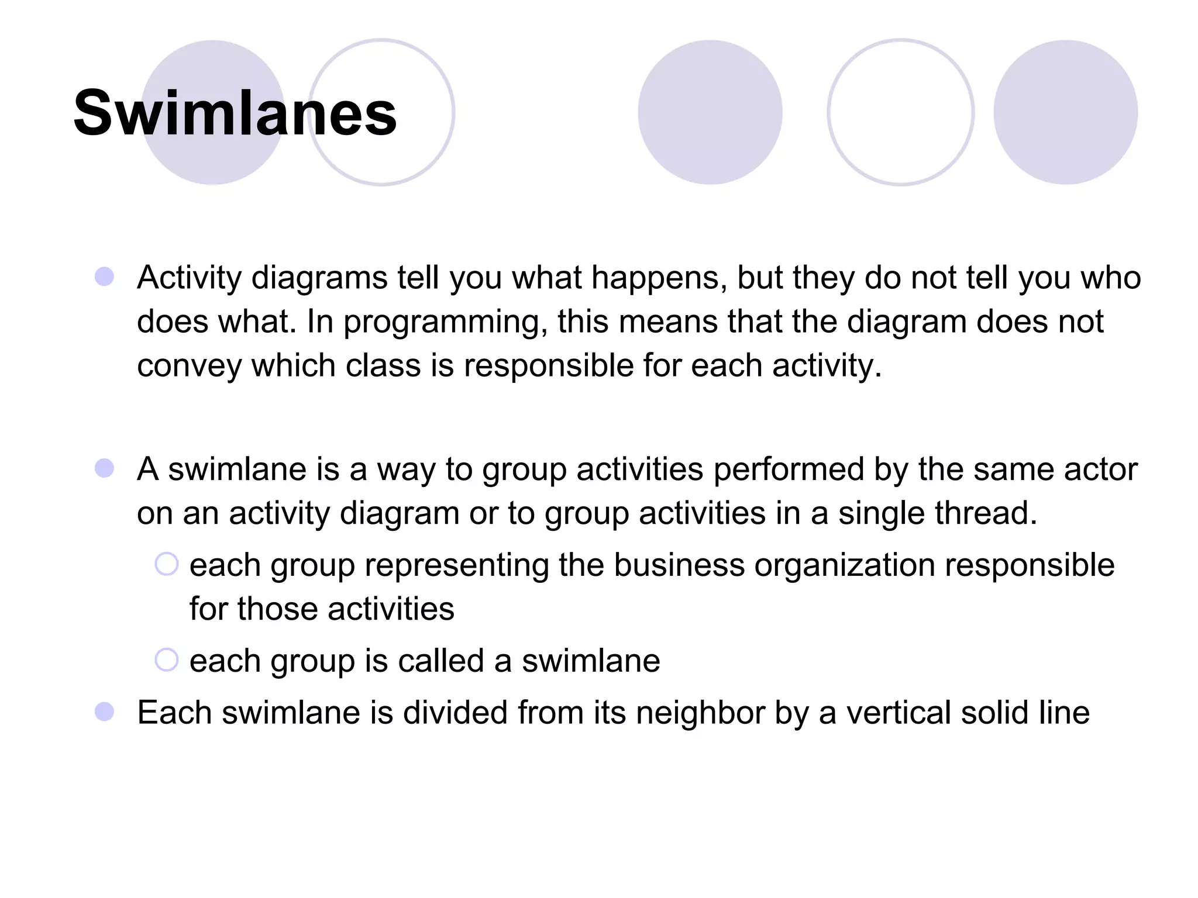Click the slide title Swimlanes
coord(235,113)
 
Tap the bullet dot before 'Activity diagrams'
coord(105,277)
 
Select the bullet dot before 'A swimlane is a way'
coord(105,468)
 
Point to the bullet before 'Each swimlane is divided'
coord(105,712)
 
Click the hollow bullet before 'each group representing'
coord(166,564)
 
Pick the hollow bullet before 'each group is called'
coord(166,660)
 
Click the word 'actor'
coord(1101,469)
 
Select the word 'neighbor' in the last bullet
coord(700,713)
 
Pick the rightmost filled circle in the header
coord(1065,112)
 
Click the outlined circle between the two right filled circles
coord(900,112)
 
